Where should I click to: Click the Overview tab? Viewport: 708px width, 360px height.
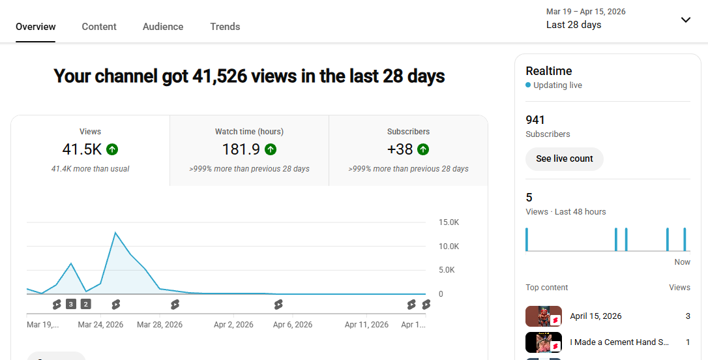[36, 27]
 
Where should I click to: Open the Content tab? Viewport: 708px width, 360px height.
[99, 27]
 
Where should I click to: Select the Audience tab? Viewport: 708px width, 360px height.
[163, 27]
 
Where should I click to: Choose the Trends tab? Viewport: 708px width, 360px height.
[225, 27]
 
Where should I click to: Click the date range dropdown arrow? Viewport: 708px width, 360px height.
[685, 20]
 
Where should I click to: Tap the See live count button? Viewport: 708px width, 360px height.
[565, 158]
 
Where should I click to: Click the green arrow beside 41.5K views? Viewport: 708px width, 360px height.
[112, 149]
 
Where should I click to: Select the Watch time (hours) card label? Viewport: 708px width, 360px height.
[249, 132]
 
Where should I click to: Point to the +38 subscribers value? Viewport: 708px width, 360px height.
[400, 149]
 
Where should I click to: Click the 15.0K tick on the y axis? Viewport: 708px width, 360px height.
[449, 222]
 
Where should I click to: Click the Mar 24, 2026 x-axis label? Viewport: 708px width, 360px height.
[100, 324]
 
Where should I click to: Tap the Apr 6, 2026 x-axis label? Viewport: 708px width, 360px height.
[293, 324]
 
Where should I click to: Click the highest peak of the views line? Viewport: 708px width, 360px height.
[115, 232]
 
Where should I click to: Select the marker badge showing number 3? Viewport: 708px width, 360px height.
[71, 304]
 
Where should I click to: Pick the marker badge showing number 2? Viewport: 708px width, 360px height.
[85, 304]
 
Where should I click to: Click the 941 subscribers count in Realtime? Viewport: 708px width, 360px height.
[535, 120]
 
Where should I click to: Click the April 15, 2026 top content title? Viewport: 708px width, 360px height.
[595, 316]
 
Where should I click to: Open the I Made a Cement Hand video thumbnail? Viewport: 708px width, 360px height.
[543, 342]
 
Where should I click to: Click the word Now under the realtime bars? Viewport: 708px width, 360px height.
[682, 262]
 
